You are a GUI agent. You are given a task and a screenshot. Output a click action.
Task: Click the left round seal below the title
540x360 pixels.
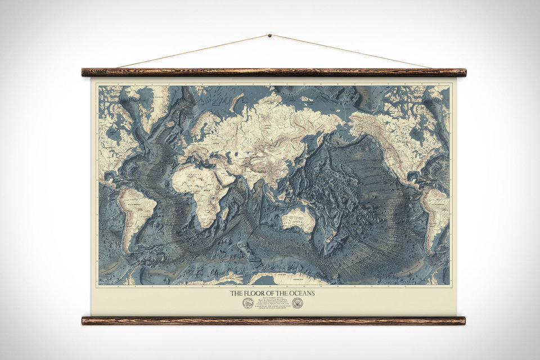[x=247, y=303]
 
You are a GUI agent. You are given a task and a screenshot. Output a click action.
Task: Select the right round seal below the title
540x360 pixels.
[x=297, y=303]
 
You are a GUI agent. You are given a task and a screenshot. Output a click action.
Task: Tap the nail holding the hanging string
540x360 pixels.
[x=269, y=36]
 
